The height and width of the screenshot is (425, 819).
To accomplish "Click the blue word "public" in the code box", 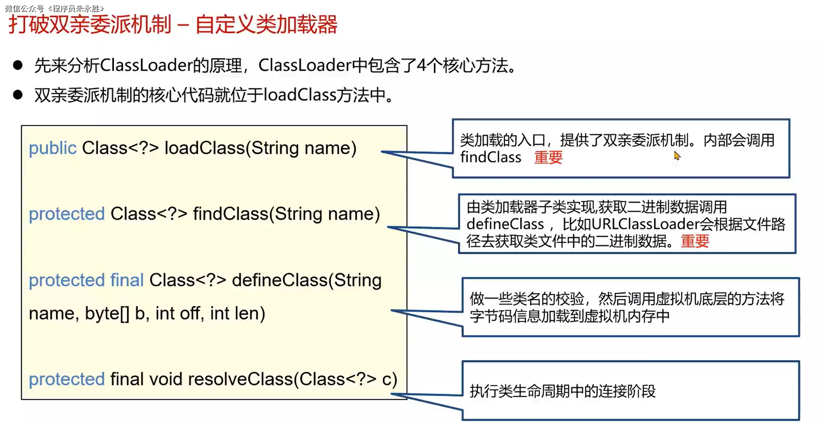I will point(52,148).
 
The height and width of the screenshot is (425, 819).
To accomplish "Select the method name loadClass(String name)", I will point(260,148).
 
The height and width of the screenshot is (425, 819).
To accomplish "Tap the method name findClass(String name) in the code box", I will point(286,214).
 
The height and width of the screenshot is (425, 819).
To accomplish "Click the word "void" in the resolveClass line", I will point(166,379).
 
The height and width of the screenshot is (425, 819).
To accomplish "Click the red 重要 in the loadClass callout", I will point(548,157).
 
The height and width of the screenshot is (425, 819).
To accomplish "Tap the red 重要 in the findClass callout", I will point(695,241).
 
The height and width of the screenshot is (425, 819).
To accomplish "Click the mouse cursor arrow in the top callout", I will point(677,156).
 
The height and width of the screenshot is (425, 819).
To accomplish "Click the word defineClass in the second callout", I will point(505,224).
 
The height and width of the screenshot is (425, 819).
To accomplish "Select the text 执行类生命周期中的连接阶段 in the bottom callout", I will point(562,391).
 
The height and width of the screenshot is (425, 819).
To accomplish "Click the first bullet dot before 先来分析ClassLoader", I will point(18,65).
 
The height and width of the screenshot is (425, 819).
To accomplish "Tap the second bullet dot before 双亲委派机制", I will point(18,95).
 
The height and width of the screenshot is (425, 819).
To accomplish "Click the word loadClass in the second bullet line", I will point(300,95).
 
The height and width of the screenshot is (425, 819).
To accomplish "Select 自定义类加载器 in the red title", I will point(266,25).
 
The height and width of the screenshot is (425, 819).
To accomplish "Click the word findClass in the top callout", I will point(491,157).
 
